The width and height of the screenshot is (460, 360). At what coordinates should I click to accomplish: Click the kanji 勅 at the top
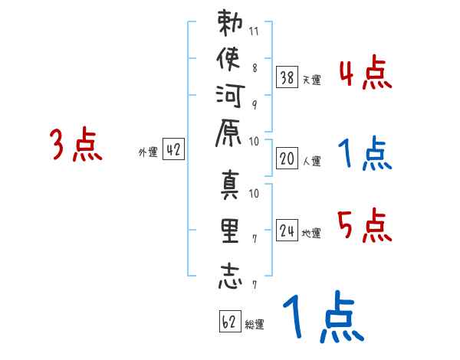229,26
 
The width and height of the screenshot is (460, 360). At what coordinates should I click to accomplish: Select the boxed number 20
287,158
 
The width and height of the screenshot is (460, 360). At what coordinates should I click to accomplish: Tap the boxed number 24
287,229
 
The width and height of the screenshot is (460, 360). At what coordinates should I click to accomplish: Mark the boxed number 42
173,150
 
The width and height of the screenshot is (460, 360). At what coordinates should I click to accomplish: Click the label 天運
311,79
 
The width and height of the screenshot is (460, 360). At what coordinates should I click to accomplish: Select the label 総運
255,324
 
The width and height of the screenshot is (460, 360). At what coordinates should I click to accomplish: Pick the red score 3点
77,146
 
